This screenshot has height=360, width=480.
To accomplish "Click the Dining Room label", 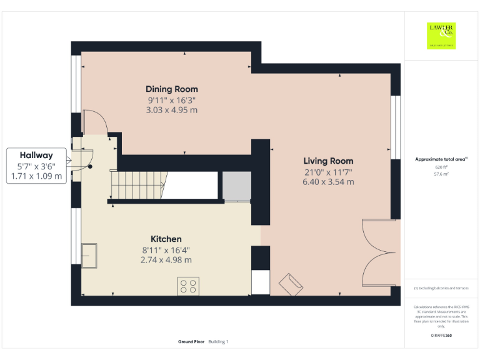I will (x=172, y=89).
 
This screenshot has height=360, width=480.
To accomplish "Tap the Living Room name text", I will (x=328, y=161).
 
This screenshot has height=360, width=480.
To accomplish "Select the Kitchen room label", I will (x=166, y=239).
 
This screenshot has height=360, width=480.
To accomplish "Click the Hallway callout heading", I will (x=36, y=155).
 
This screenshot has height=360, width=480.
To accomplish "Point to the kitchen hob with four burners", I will (x=188, y=286).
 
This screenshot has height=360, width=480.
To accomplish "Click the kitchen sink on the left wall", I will (x=88, y=255).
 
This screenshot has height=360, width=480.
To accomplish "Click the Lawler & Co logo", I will (x=441, y=36).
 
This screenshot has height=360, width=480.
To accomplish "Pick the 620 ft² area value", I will (x=441, y=167).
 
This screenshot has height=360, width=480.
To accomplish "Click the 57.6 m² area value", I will (x=441, y=174).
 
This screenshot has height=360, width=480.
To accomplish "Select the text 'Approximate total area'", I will (x=440, y=159).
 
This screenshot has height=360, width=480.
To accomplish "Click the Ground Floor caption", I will (x=192, y=342).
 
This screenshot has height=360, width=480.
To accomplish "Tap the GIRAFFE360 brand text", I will (x=441, y=336).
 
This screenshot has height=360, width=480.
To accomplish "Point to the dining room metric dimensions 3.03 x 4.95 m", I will (x=172, y=110).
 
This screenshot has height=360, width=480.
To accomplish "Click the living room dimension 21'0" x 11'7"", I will (x=328, y=172).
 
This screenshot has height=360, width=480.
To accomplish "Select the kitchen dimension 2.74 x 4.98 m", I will (x=166, y=259).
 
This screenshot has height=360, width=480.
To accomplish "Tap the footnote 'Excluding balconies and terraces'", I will (x=442, y=288).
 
